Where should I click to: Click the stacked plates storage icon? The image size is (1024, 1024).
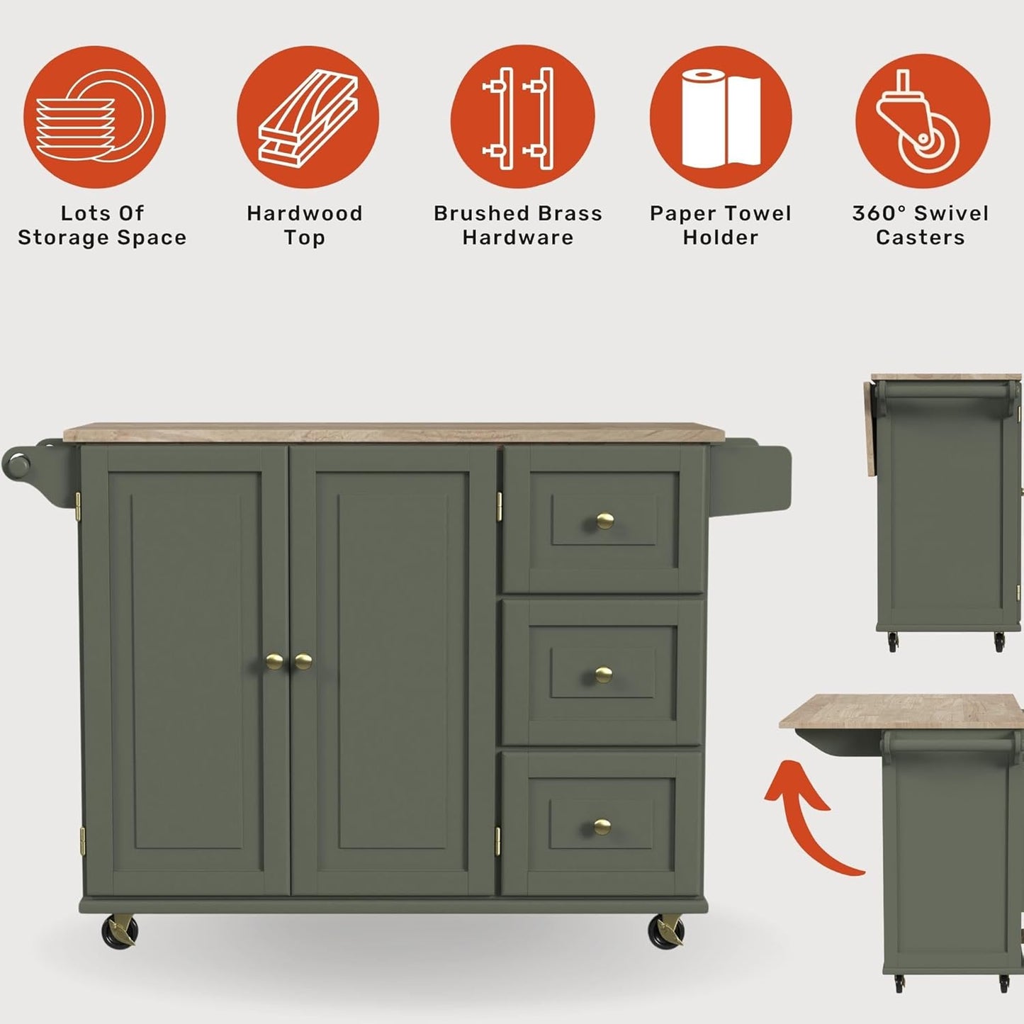click(x=94, y=117)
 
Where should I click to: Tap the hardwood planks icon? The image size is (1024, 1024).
click(x=308, y=117)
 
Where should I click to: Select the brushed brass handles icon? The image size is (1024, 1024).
click(x=522, y=117)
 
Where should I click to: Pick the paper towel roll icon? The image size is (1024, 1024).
click(x=720, y=117)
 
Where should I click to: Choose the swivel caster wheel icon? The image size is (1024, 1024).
click(x=922, y=117)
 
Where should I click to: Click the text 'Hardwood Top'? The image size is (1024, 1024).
click(x=304, y=225)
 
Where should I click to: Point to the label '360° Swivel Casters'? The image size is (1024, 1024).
click(x=920, y=225)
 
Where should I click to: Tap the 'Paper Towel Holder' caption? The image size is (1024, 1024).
click(x=720, y=225)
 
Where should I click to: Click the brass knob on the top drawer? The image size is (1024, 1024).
click(x=604, y=522)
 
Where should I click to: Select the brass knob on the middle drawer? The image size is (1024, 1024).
click(x=603, y=674)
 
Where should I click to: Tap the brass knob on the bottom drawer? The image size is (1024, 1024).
click(x=602, y=826)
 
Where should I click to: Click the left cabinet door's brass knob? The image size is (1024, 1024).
click(x=274, y=661)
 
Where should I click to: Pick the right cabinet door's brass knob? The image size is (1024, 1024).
click(x=303, y=661)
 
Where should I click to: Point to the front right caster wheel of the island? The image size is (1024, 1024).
click(x=665, y=930)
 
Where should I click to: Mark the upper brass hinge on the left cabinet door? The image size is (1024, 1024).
click(x=78, y=506)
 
